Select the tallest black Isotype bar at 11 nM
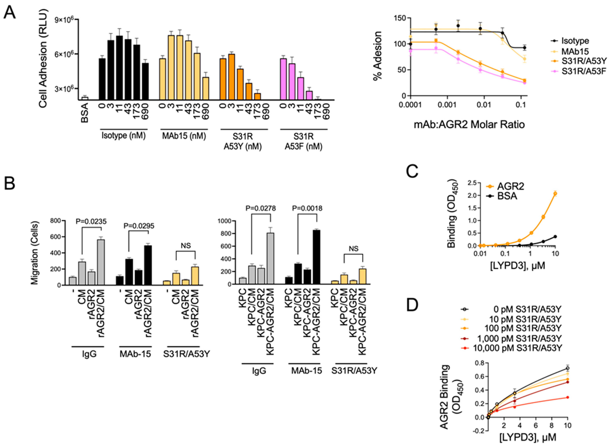coord(119,68)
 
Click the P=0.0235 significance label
coord(91,221)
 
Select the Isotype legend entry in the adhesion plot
coord(575,41)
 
